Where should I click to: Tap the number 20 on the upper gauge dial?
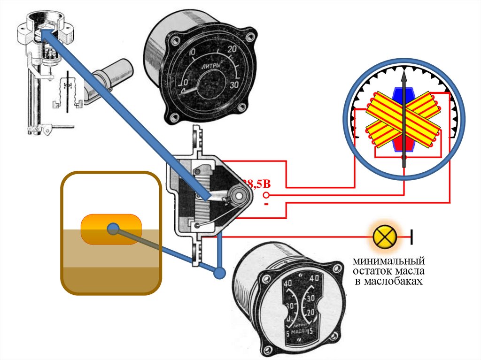(x=232, y=49)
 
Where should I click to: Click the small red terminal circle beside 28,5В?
(x=266, y=195)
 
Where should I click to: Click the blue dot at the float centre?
(x=112, y=229)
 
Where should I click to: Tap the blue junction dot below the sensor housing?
(x=219, y=273)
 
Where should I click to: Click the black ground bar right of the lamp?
(x=412, y=237)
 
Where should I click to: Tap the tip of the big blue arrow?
(x=40, y=31)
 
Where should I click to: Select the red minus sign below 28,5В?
(x=266, y=205)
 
